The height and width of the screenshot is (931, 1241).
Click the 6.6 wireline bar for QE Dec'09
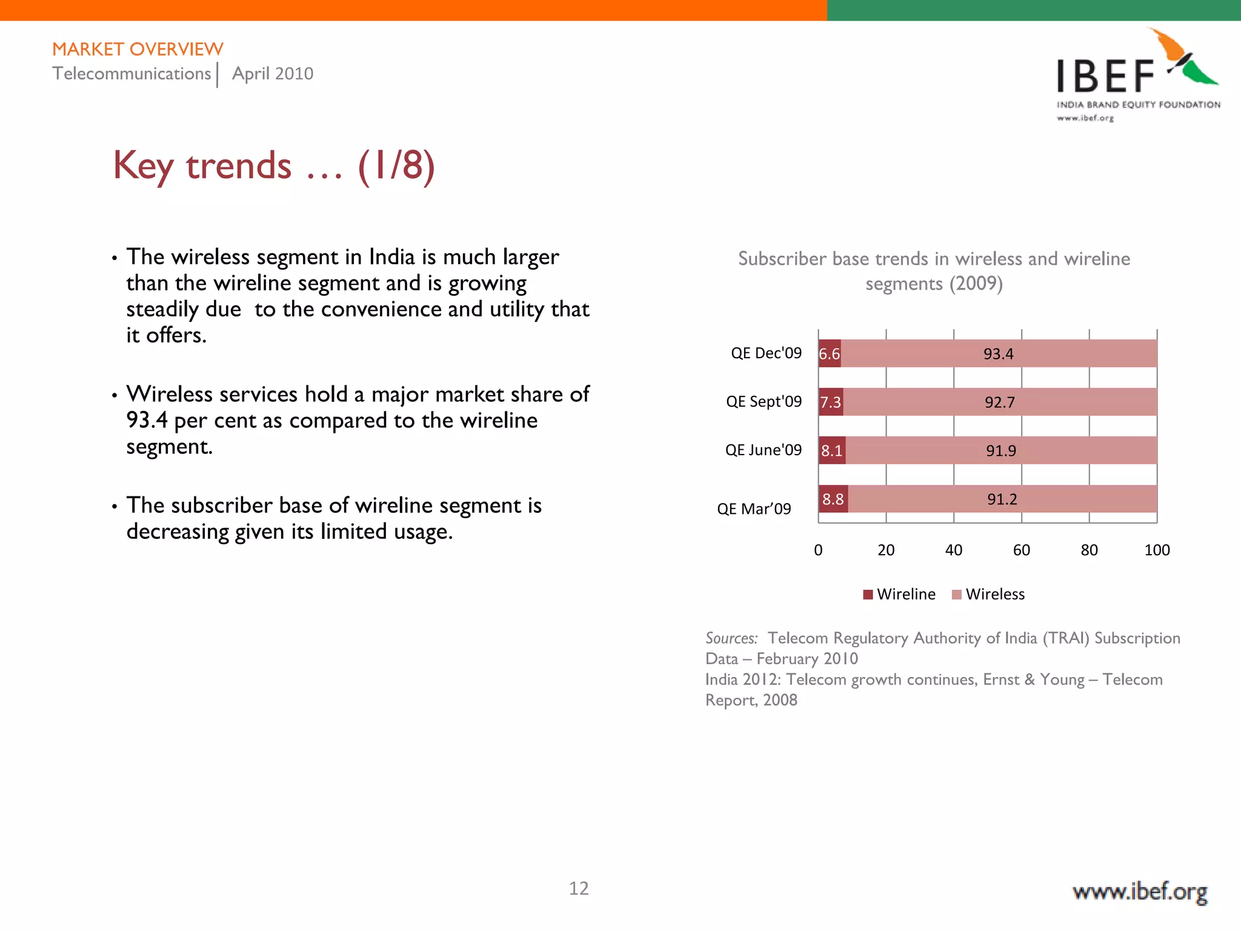pos(829,353)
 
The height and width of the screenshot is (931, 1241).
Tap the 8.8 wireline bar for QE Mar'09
pos(833,499)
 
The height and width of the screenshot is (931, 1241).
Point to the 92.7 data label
pos(999,402)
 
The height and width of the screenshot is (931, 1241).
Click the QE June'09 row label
pos(763,450)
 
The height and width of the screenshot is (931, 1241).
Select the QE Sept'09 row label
pos(764,401)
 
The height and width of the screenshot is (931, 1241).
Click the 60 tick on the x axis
pos(1021,550)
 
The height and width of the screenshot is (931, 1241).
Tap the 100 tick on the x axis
pos(1156,550)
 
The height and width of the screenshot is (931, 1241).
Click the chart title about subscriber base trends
pos(934,271)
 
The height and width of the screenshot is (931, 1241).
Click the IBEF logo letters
pos(1105,77)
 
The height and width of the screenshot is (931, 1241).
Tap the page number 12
pos(579,888)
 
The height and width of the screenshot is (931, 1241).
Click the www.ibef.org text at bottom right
pos(1139,892)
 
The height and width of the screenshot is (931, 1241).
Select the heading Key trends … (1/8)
pos(274,165)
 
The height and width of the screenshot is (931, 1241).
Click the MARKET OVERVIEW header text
pos(138,49)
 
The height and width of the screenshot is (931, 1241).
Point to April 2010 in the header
pos(273,73)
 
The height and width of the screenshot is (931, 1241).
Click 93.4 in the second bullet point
pos(147,420)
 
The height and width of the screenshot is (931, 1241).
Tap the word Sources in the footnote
pos(731,638)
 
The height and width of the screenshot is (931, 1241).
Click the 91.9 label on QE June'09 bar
pos(1000,450)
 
